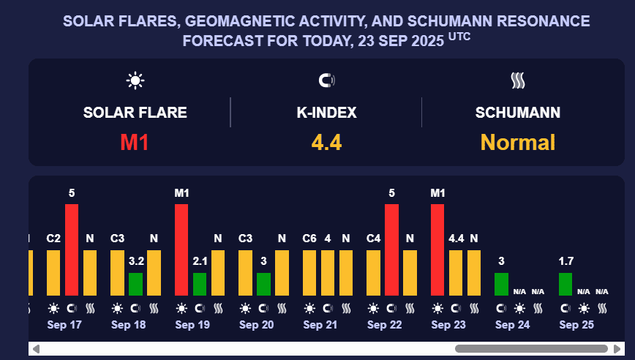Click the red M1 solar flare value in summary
pyautogui.click(x=135, y=142)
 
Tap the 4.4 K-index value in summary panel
pyautogui.click(x=326, y=142)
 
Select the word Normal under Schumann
pyautogui.click(x=518, y=142)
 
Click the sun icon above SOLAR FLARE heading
pyautogui.click(x=135, y=80)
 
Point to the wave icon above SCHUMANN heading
pyautogui.click(x=518, y=80)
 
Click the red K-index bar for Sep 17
pyautogui.click(x=72, y=249)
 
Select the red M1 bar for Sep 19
pyautogui.click(x=181, y=249)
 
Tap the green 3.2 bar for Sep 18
pyautogui.click(x=135, y=284)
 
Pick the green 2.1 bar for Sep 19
pyautogui.click(x=200, y=284)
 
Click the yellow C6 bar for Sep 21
pyautogui.click(x=309, y=272)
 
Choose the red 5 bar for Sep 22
pyautogui.click(x=392, y=249)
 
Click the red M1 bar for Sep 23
pyautogui.click(x=437, y=249)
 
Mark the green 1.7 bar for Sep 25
pyautogui.click(x=566, y=284)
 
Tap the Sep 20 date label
pyautogui.click(x=256, y=324)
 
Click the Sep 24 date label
pyautogui.click(x=512, y=324)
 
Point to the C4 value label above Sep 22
pyautogui.click(x=374, y=239)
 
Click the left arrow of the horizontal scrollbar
pyautogui.click(x=36, y=349)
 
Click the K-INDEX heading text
pyautogui.click(x=326, y=113)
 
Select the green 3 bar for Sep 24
pyautogui.click(x=501, y=284)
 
